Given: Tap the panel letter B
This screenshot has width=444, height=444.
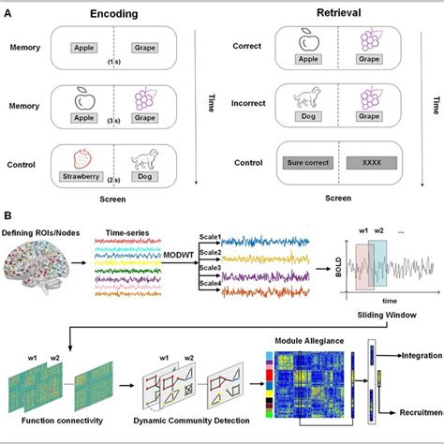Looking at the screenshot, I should coord(7,215).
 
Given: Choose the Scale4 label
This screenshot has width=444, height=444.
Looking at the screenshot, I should coord(207,292).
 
